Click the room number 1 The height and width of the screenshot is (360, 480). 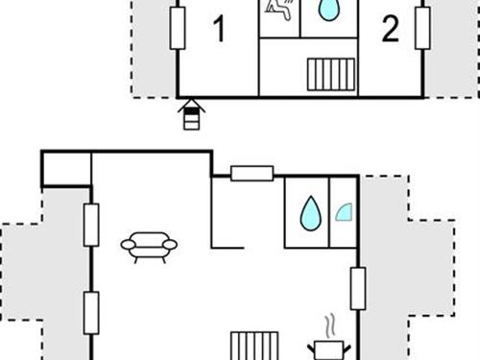pos(219,29)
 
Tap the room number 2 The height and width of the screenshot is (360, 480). pos(391,29)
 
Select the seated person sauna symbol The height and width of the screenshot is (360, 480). pos(279,9)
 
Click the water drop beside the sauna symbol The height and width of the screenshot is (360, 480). pos(328,10)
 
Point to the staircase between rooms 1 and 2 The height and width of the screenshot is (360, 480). pos(331,74)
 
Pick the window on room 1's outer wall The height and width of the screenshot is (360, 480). pos(178,28)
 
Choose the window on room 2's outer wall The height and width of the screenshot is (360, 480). pos(422,28)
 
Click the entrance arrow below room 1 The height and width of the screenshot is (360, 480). pos(192,114)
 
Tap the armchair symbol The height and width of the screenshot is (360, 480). pos(149,247)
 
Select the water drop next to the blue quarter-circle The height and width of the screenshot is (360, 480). pos(310,213)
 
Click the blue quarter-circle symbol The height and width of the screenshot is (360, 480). pos(345,213)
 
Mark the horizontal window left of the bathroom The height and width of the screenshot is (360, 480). pos(252,174)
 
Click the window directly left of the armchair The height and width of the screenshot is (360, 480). pos(91,225)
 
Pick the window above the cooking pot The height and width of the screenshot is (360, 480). pos(358,289)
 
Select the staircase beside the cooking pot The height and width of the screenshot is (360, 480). pos(254,346)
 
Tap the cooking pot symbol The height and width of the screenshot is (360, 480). pos(329,350)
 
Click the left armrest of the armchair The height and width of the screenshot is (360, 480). pos(129,245)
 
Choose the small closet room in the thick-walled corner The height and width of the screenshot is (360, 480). pos(66,169)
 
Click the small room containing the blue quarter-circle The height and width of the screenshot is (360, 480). pos(343,212)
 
